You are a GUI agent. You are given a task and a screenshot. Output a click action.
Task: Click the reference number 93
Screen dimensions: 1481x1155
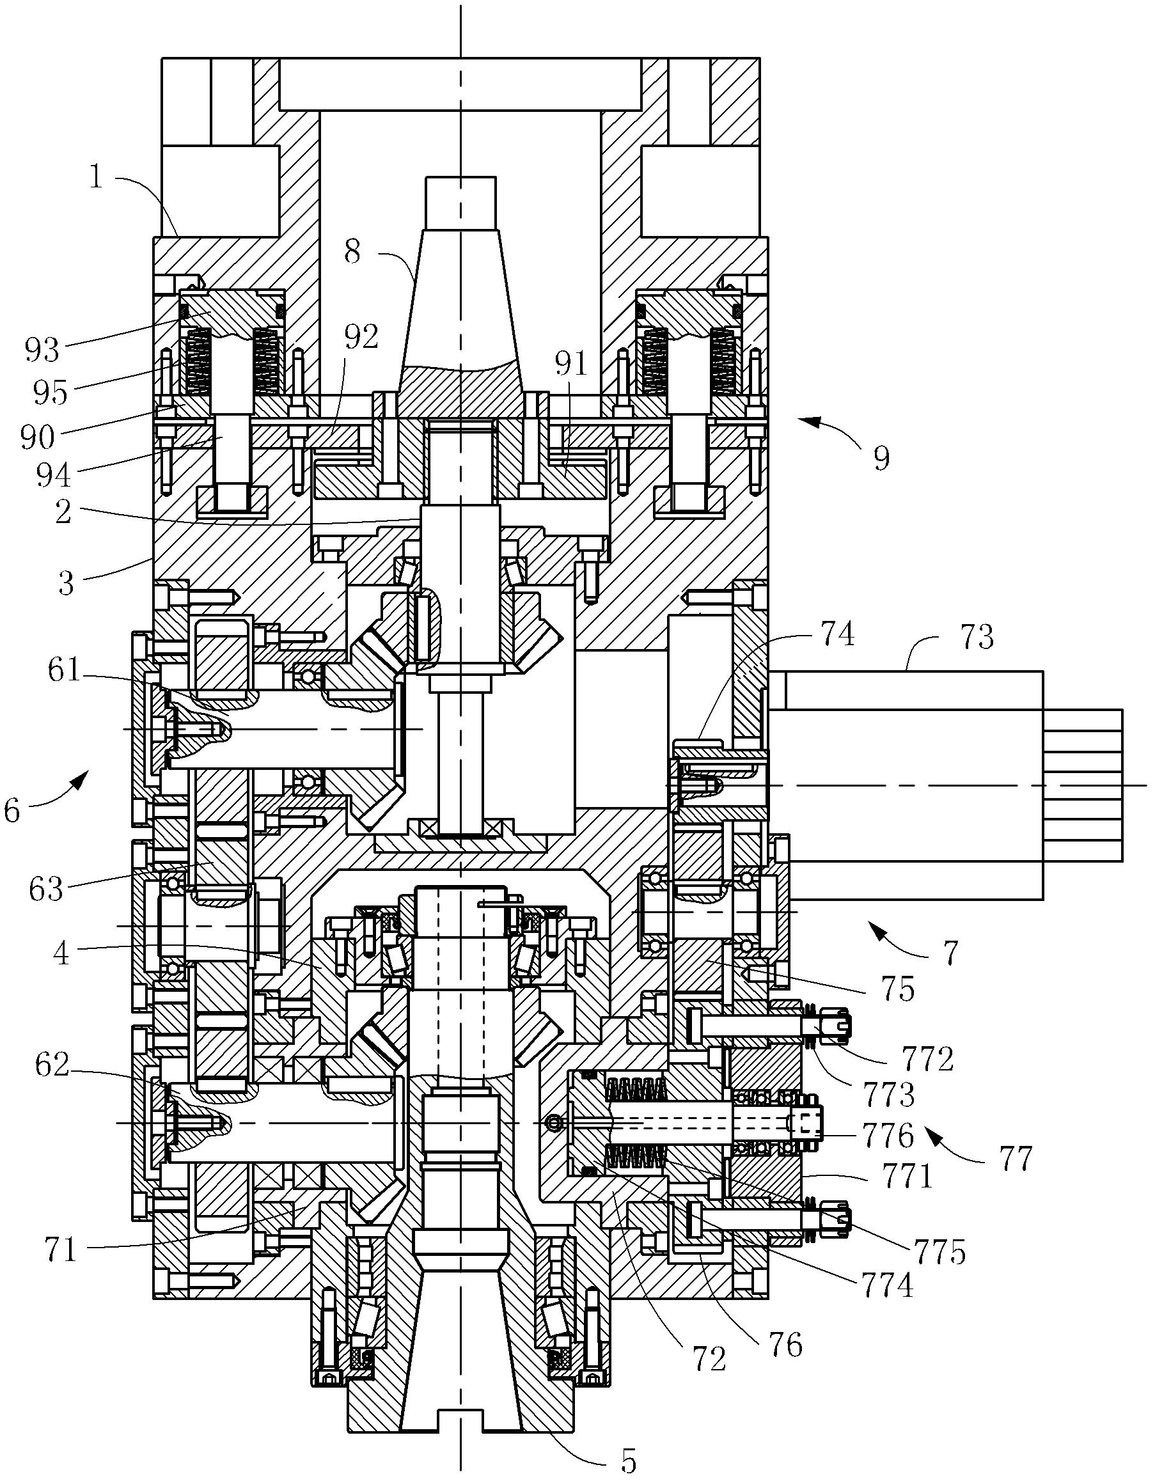pyautogui.click(x=43, y=350)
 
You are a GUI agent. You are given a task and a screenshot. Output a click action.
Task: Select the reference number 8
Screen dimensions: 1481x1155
pyautogui.click(x=352, y=252)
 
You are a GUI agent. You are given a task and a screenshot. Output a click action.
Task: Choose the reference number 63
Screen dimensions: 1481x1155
pyautogui.click(x=46, y=888)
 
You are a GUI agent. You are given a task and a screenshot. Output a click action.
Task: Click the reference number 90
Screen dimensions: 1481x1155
pyautogui.click(x=37, y=437)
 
